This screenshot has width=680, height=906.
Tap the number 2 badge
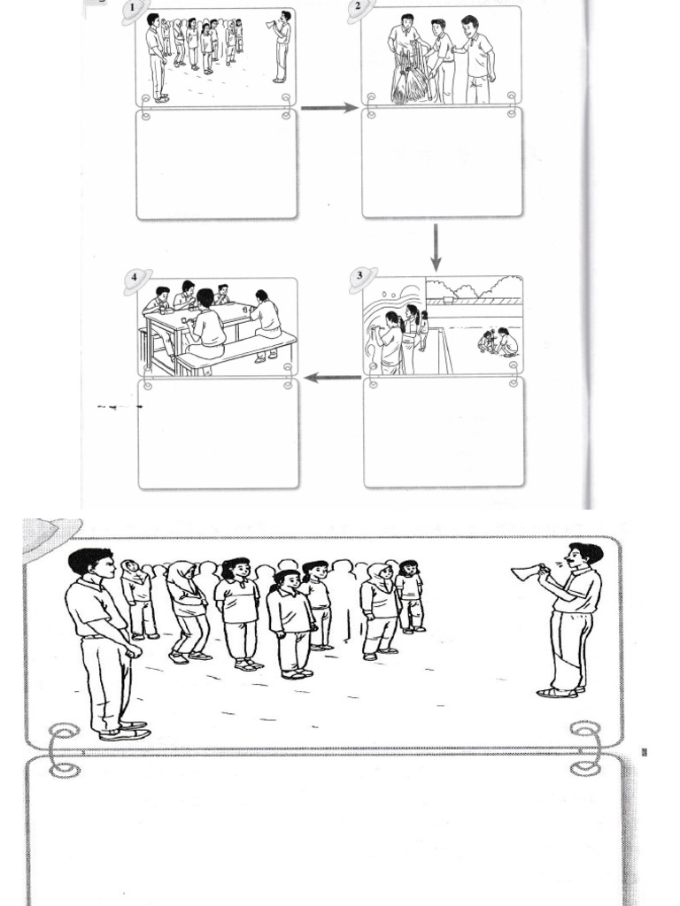pyautogui.click(x=359, y=7)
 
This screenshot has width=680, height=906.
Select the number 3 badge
pyautogui.click(x=359, y=276)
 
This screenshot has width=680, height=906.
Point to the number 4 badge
pyautogui.click(x=135, y=277)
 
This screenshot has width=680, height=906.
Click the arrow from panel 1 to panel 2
pyautogui.click(x=328, y=108)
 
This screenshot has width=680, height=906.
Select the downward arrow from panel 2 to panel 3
pyautogui.click(x=436, y=248)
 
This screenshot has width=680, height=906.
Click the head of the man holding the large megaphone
pyautogui.click(x=580, y=557)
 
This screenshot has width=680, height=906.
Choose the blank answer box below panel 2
pyautogui.click(x=442, y=164)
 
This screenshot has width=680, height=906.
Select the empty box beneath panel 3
pyautogui.click(x=443, y=434)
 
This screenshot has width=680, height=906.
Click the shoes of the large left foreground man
pyautogui.click(x=124, y=730)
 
